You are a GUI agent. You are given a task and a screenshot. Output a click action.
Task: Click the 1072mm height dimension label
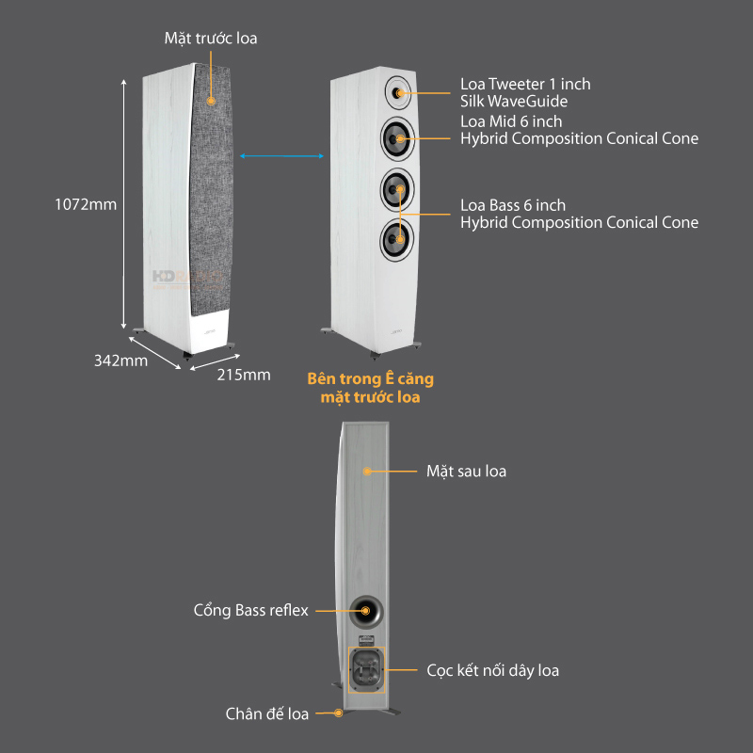[87, 204]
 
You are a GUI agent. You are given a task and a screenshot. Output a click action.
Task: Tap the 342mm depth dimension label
[120, 360]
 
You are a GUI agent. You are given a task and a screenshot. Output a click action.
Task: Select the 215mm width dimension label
[244, 375]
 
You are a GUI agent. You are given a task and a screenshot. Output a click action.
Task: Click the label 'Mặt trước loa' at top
[211, 39]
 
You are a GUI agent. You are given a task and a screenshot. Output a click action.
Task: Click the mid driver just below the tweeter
[399, 139]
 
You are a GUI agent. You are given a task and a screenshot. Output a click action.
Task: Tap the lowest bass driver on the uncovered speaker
[399, 238]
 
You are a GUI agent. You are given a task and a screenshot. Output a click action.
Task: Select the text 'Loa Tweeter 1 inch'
[525, 84]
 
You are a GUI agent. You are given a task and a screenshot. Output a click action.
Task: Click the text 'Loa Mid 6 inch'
[511, 121]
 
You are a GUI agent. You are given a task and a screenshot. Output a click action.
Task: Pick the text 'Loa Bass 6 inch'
[513, 205]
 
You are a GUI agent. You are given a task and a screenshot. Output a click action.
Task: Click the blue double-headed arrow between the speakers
[282, 156]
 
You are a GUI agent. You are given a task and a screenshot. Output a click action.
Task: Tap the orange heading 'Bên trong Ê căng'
[371, 379]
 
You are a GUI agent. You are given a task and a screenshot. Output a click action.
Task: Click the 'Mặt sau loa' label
[466, 471]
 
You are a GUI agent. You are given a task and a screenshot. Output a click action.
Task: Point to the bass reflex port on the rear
[366, 611]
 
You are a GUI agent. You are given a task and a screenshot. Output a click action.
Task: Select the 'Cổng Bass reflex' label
[250, 611]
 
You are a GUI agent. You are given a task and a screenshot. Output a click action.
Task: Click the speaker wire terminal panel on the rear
[366, 670]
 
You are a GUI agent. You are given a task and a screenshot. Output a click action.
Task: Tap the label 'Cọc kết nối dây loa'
[492, 670]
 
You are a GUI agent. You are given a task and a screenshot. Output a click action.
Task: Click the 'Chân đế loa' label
[267, 713]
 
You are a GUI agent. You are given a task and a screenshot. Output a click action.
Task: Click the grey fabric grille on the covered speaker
[209, 188]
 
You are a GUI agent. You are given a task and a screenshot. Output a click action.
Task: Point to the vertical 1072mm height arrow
[125, 204]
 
